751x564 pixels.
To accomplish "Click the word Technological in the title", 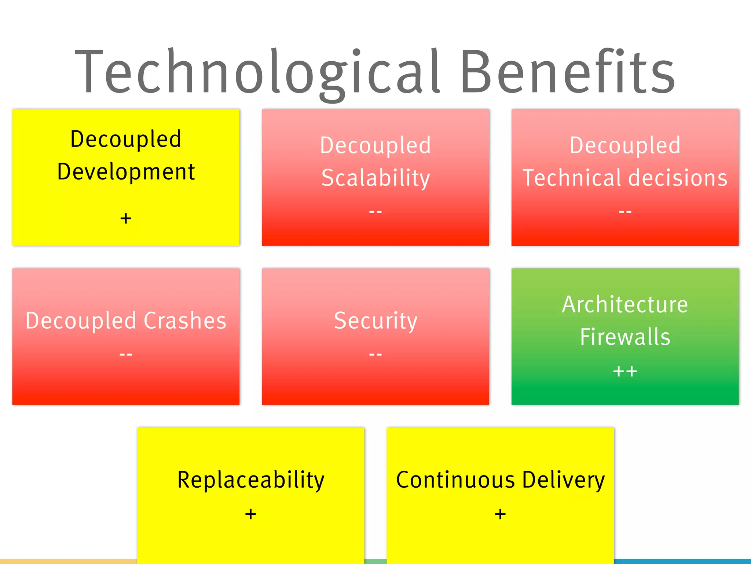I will pos(257,72).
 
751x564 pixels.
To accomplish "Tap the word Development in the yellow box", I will pos(126,172).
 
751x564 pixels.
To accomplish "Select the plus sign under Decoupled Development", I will pos(126,218).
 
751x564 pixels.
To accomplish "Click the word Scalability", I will pos(375,178).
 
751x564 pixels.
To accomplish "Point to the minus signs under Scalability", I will pos(375,211).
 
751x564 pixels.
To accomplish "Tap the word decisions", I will pos(678,178).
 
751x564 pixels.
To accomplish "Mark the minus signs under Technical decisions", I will pos(625,211).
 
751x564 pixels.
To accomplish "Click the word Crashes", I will pos(185,321).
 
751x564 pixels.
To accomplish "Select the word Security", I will pos(375,321).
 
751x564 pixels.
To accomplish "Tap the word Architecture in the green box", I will pos(625,305).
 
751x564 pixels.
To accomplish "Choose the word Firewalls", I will pos(625,337).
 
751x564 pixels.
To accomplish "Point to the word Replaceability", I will pos(251,480).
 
